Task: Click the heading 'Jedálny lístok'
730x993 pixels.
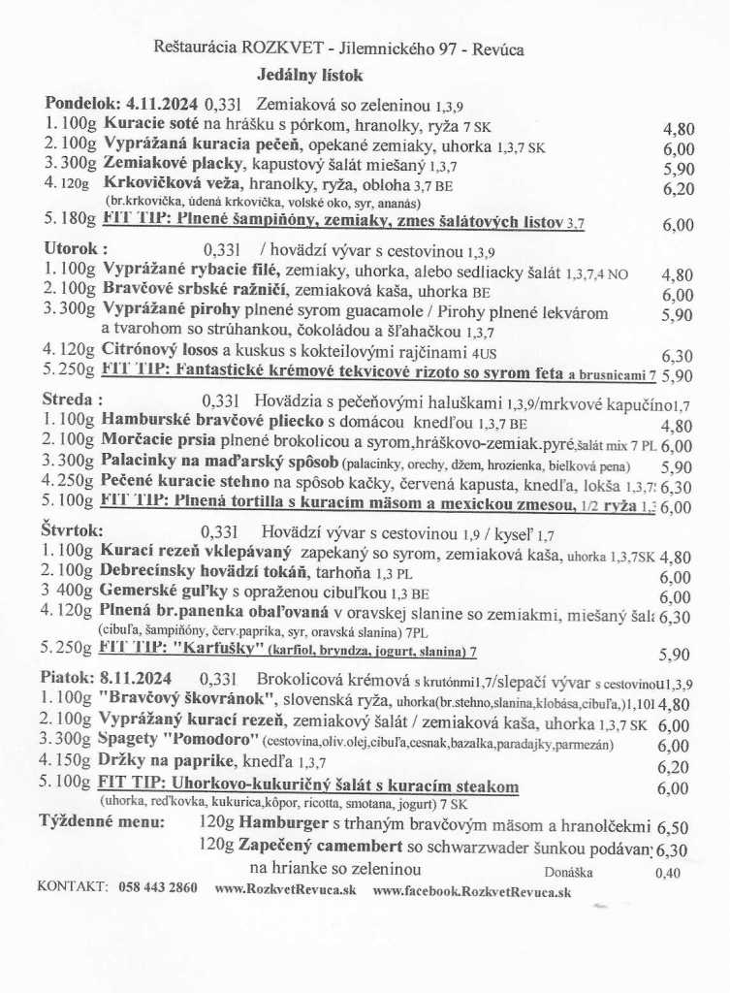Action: [310, 74]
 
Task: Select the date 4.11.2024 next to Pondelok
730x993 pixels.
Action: [162, 104]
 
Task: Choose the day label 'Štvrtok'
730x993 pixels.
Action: [74, 531]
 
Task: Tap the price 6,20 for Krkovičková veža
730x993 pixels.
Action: [679, 188]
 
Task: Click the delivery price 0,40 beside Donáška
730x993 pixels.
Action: [668, 873]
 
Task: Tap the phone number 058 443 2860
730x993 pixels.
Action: [158, 887]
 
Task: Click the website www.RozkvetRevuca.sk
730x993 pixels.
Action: [285, 887]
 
